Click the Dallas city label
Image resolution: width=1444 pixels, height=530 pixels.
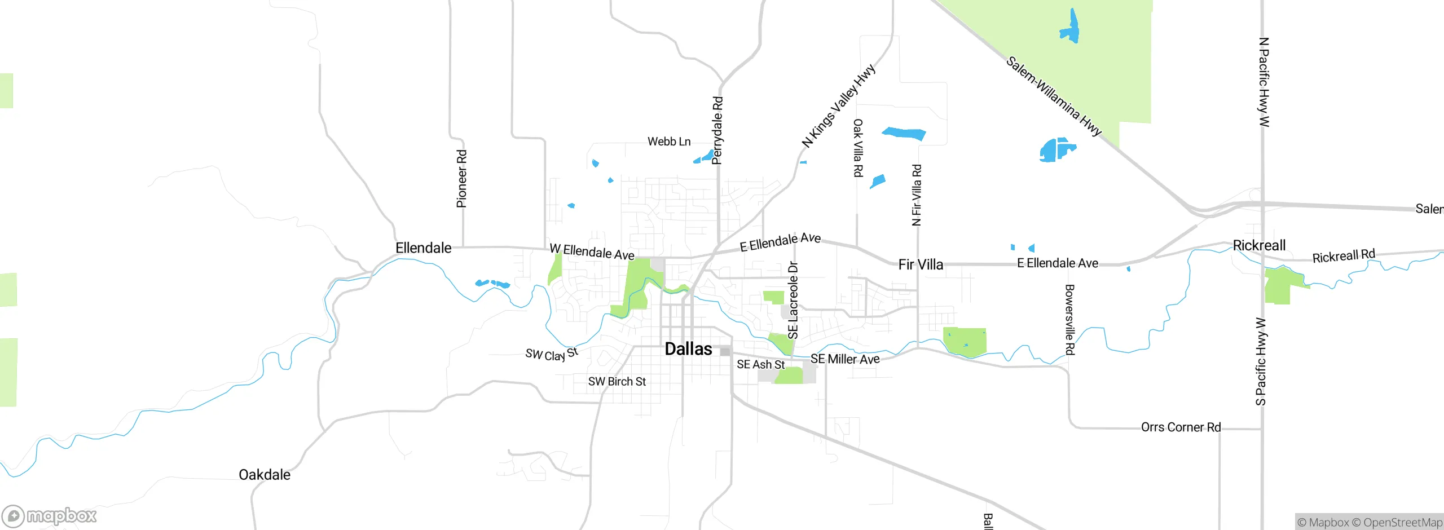point(688,349)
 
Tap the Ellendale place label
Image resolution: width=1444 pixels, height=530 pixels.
point(423,248)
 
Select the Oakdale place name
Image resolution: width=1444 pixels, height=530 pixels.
point(265,475)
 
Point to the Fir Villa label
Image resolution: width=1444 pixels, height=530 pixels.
point(921,264)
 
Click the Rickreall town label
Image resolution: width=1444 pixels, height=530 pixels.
point(1259,245)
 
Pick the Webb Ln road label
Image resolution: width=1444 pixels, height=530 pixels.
point(669,142)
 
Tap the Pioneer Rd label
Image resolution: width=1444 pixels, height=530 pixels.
point(461,179)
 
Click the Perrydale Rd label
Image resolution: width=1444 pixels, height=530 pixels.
point(717,130)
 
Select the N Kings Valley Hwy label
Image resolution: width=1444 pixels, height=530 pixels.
point(838,106)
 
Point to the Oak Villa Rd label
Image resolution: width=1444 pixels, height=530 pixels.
point(857,148)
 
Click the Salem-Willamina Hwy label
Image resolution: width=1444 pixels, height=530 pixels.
point(1054,96)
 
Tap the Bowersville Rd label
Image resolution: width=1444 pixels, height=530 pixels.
point(1069,320)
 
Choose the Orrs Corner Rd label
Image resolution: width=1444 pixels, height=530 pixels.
point(1181,427)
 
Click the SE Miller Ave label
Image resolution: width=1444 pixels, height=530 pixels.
point(845,359)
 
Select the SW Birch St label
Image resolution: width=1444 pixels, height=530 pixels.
point(617,382)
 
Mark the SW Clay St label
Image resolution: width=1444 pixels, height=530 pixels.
point(552,354)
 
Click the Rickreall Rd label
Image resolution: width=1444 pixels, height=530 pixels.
point(1344,257)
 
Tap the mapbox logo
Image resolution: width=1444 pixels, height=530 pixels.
point(50,516)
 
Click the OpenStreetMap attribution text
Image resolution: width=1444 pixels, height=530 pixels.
point(1402,523)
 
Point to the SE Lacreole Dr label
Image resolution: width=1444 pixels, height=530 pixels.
point(793,300)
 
